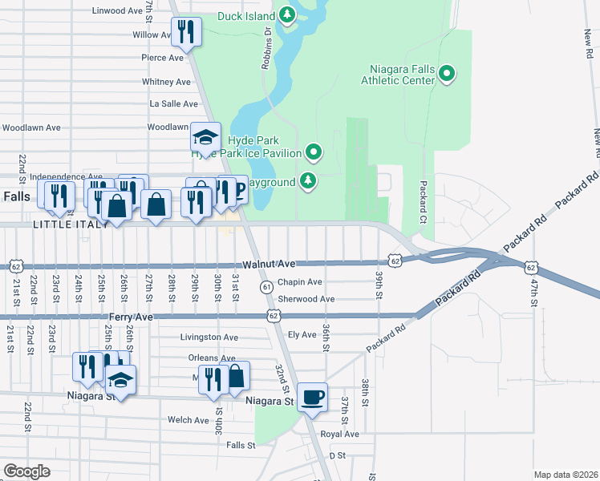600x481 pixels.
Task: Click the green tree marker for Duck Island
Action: click(287, 15)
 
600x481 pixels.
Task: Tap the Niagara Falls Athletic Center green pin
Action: click(448, 75)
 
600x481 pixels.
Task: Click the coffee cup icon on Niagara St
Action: click(312, 396)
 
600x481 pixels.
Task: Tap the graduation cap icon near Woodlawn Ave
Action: click(205, 137)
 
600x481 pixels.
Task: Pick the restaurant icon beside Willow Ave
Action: click(185, 33)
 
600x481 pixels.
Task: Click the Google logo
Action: click(26, 471)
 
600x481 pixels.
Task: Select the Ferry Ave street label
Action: click(87, 317)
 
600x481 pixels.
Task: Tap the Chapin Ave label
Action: click(300, 282)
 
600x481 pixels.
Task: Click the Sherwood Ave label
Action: click(306, 299)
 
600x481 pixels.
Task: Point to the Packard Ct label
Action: click(422, 201)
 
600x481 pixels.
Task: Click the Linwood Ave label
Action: click(117, 11)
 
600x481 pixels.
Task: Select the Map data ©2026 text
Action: click(566, 475)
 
